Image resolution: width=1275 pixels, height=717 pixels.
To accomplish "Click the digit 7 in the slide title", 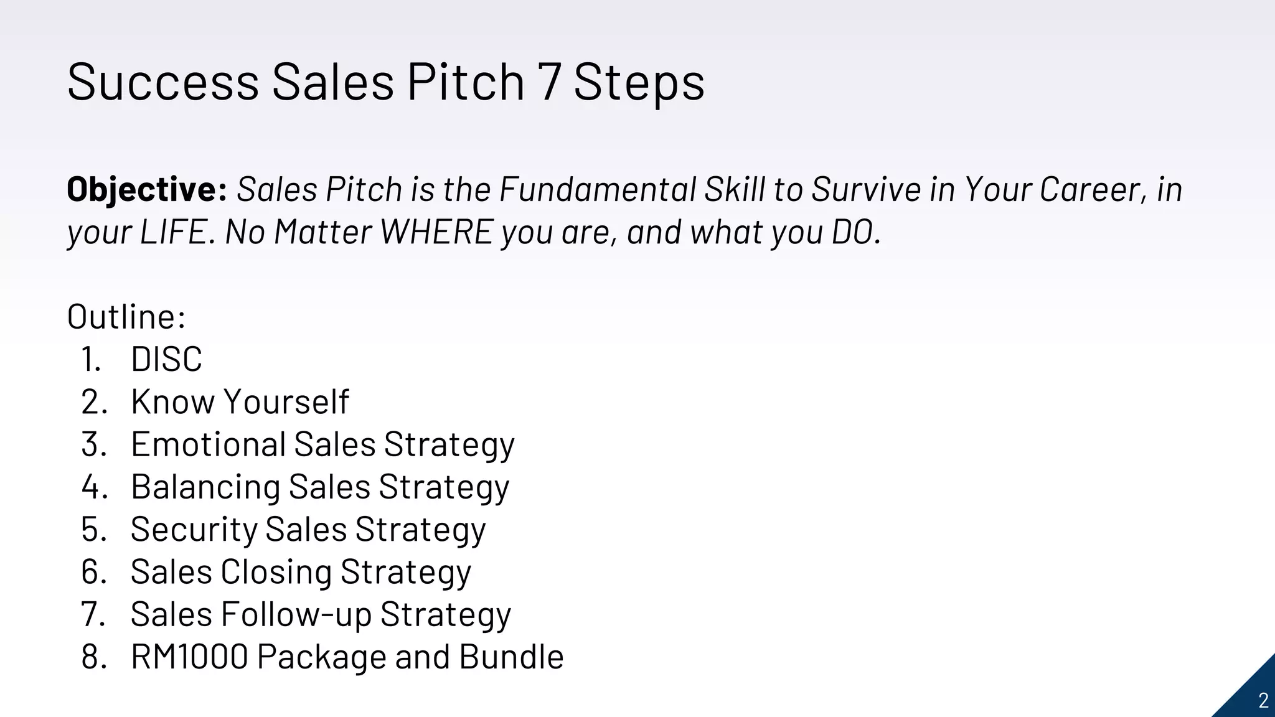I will pyautogui.click(x=550, y=82).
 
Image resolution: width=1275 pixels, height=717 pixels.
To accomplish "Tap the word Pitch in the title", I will pyautogui.click(x=466, y=82).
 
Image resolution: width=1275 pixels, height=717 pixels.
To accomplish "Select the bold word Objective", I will pyautogui.click(x=146, y=189).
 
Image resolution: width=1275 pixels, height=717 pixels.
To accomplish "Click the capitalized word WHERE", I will pyautogui.click(x=436, y=232).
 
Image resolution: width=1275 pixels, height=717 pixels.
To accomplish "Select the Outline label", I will pyautogui.click(x=126, y=317).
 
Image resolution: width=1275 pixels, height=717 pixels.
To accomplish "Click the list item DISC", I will pyautogui.click(x=166, y=359).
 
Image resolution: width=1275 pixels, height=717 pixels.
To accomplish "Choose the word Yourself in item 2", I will pyautogui.click(x=286, y=401).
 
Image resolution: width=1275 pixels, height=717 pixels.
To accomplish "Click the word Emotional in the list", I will pyautogui.click(x=208, y=444).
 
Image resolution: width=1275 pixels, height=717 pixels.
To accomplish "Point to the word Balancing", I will pyautogui.click(x=205, y=487).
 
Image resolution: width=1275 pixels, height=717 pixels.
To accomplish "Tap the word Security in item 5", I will pyautogui.click(x=194, y=530).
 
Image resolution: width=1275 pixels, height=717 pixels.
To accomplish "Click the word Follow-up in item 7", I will pyautogui.click(x=296, y=614).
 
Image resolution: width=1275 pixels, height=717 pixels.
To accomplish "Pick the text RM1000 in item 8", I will pyautogui.click(x=189, y=657).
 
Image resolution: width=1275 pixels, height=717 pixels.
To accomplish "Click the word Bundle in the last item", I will pyautogui.click(x=511, y=657).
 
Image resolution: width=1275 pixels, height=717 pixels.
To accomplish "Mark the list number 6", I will pyautogui.click(x=93, y=572).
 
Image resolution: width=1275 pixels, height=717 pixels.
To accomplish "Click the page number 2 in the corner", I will pyautogui.click(x=1263, y=701).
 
